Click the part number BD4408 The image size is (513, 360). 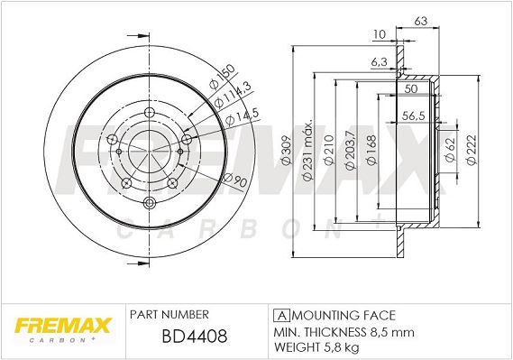[x=195, y=337]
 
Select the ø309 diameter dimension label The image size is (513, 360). [x=287, y=151]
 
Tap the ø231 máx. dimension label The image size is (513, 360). [x=307, y=152]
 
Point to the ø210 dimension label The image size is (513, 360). [x=328, y=149]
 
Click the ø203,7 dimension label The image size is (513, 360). [x=350, y=150]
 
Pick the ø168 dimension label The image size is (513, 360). [x=371, y=150]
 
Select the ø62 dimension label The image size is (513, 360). [x=451, y=150]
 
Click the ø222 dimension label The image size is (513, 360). [x=472, y=150]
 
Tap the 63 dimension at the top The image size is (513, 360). [x=421, y=21]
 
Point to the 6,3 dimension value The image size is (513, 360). [x=380, y=61]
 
